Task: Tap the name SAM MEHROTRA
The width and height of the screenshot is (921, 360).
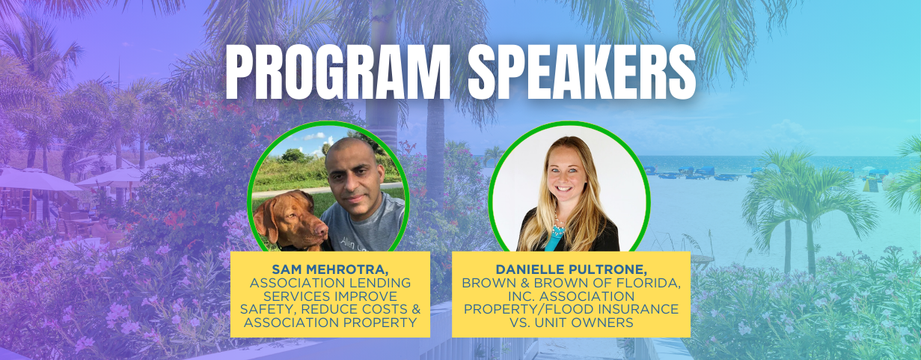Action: [329, 269]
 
